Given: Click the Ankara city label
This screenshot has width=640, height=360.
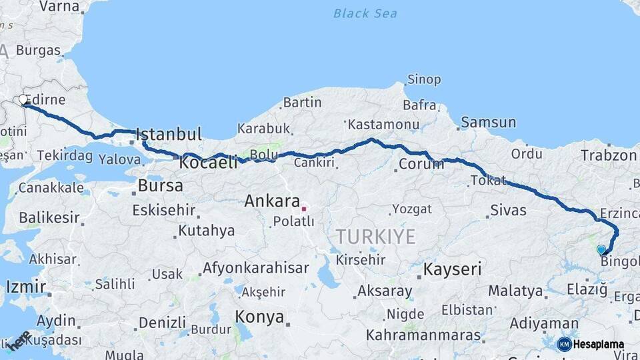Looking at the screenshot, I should pyautogui.click(x=272, y=201).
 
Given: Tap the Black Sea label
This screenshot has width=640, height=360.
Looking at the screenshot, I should pyautogui.click(x=365, y=13).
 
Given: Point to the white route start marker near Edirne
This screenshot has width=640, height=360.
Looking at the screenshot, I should pyautogui.click(x=23, y=100).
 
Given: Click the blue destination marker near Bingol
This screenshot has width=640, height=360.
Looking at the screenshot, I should pyautogui.click(x=601, y=250).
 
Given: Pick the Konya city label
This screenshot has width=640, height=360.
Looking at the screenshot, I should pyautogui.click(x=259, y=317).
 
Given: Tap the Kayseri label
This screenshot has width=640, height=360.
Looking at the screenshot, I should pyautogui.click(x=453, y=269).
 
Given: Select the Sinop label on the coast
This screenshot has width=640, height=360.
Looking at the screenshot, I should pyautogui.click(x=423, y=80).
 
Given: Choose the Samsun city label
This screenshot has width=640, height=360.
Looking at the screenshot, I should pyautogui.click(x=489, y=123).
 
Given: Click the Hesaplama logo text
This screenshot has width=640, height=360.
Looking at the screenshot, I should pyautogui.click(x=598, y=344).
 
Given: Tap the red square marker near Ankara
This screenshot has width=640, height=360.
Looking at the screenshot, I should pyautogui.click(x=304, y=209).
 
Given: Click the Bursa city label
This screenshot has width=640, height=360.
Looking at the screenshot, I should pyautogui.click(x=160, y=185).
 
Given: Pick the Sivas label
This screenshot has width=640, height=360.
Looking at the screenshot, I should pyautogui.click(x=508, y=211).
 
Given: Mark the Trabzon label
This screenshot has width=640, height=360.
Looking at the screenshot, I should pyautogui.click(x=608, y=155).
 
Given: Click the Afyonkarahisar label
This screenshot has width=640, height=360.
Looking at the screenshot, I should pyautogui.click(x=256, y=269).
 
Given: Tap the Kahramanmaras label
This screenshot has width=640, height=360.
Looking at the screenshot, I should pyautogui.click(x=432, y=334).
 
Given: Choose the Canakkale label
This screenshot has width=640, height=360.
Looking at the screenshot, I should pyautogui.click(x=51, y=188).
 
